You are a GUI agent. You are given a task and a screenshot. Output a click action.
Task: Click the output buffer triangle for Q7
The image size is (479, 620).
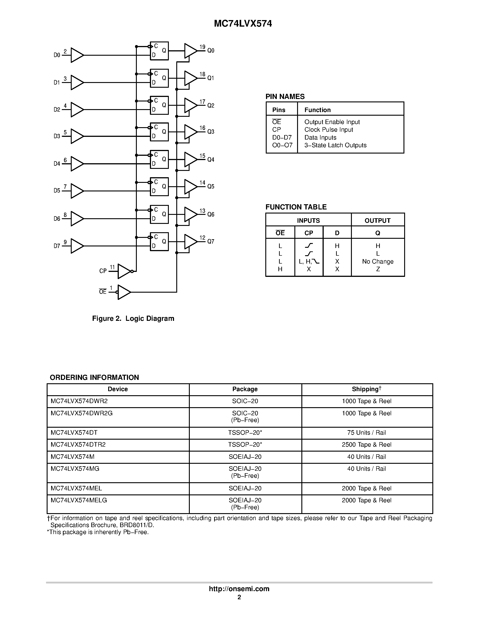pyautogui.click(x=190, y=242)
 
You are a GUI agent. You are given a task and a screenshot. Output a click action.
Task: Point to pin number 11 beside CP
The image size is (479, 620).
pyautogui.click(x=112, y=267)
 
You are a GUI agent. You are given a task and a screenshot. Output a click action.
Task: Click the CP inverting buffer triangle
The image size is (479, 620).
pyautogui.click(x=124, y=271)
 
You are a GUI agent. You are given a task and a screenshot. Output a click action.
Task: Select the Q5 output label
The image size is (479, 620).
pyautogui.click(x=211, y=186)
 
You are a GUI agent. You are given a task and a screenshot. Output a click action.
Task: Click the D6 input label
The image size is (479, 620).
pyautogui.click(x=57, y=219)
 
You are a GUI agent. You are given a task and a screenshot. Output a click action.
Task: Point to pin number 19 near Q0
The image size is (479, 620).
pyautogui.click(x=202, y=47)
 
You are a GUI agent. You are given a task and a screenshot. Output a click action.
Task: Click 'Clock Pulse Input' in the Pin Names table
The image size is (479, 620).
pyautogui.click(x=329, y=130)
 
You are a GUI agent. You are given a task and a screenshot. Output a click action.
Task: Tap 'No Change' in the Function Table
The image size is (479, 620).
pyautogui.click(x=378, y=262)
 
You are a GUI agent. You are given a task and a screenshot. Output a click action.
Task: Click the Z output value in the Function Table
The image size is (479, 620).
pyautogui.click(x=378, y=269)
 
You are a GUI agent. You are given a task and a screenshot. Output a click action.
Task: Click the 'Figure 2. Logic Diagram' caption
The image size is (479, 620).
pyautogui.click(x=133, y=319)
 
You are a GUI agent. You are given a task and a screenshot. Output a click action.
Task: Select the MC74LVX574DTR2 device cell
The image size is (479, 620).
pyautogui.click(x=78, y=445)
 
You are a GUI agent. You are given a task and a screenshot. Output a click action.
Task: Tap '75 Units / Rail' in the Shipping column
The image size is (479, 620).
pyautogui.click(x=367, y=433)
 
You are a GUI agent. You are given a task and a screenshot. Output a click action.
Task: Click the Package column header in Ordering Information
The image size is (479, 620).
pyautogui.click(x=245, y=389)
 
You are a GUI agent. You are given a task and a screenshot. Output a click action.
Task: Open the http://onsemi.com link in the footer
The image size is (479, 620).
pyautogui.click(x=239, y=589)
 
